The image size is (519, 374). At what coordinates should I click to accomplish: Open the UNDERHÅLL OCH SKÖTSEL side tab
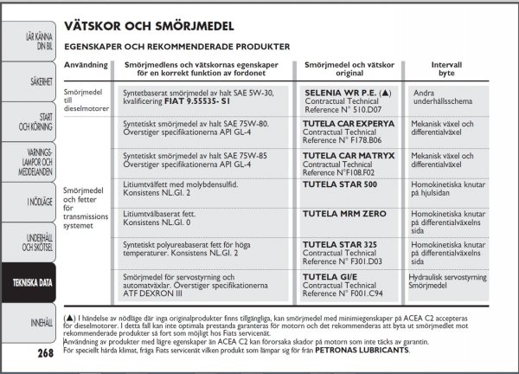[x=31, y=240]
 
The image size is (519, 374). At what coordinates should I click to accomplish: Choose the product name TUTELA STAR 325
[x=340, y=245]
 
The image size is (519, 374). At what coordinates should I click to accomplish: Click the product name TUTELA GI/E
[x=330, y=277]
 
